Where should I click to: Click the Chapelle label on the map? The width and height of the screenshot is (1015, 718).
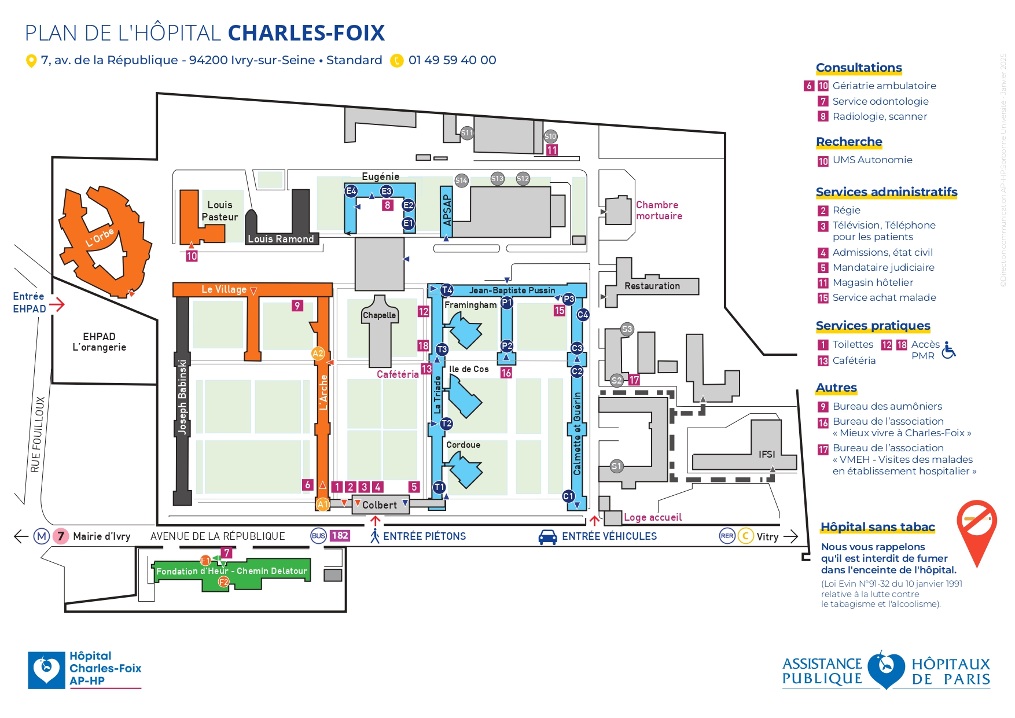[x=380, y=315]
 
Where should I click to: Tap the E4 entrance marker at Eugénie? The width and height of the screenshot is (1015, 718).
[x=351, y=191]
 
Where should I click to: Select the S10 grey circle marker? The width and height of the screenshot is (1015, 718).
[x=550, y=137]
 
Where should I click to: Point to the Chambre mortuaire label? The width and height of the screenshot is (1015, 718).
[x=659, y=210]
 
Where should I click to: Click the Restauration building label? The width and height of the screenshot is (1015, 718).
[x=652, y=286]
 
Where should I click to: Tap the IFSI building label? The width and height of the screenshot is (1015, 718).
[x=767, y=454]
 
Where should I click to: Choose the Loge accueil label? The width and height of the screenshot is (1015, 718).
[x=652, y=517]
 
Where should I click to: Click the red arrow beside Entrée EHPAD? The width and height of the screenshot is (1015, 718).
[x=57, y=304]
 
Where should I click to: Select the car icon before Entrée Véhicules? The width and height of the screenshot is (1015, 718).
[x=547, y=537]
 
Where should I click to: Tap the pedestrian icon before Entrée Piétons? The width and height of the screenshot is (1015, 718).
[x=375, y=536]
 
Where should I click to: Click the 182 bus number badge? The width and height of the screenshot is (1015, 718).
[x=340, y=536]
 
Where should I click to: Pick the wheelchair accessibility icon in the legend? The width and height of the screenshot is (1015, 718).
[x=948, y=350]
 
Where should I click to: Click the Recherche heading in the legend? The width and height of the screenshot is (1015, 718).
[x=849, y=142]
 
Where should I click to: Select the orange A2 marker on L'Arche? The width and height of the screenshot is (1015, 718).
[x=318, y=354]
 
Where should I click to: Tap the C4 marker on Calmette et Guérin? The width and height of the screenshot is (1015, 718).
[x=583, y=315]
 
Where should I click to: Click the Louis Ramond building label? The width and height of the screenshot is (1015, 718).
[x=281, y=239]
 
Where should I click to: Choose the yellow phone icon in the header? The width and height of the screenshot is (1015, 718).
[x=396, y=61]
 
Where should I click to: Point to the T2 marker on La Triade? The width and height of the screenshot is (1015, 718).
[x=446, y=424]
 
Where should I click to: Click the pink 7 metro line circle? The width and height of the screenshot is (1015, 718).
[x=61, y=536]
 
